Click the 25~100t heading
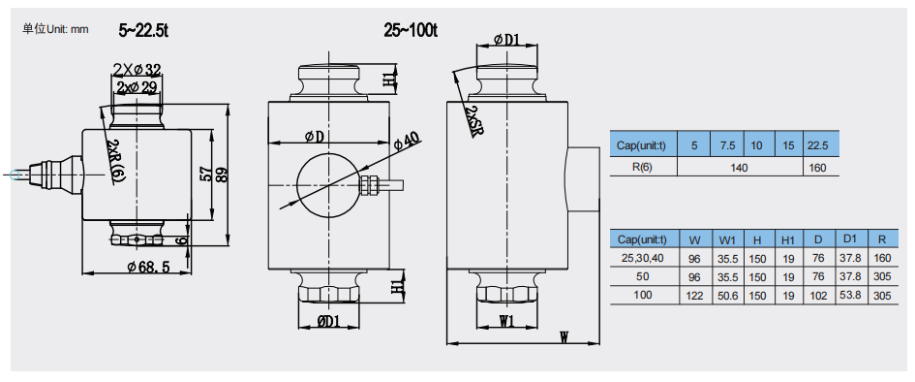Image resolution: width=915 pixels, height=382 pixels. (411, 30)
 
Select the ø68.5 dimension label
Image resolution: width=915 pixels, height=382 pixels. (148, 267)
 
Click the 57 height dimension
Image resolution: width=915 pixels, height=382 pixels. (205, 175)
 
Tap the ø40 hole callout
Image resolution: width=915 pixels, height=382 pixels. (406, 141)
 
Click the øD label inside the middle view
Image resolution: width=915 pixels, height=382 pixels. (315, 138)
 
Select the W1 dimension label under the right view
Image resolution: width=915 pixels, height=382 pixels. (506, 321)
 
